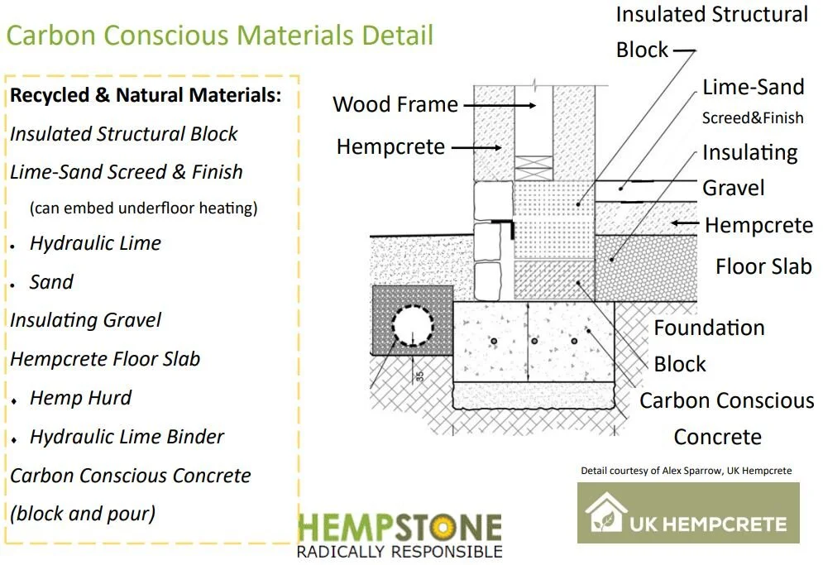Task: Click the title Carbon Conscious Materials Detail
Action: (220, 36)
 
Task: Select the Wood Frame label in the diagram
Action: (395, 104)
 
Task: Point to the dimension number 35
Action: (419, 374)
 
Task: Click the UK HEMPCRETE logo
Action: (688, 513)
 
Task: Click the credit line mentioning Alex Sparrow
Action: (686, 471)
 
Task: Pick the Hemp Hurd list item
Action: (80, 398)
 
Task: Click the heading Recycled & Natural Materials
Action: (146, 95)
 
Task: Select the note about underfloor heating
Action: (144, 208)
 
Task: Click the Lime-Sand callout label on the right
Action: (753, 88)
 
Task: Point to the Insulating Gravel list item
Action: (86, 320)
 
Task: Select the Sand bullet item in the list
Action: (51, 282)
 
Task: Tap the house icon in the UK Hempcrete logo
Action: (605, 512)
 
